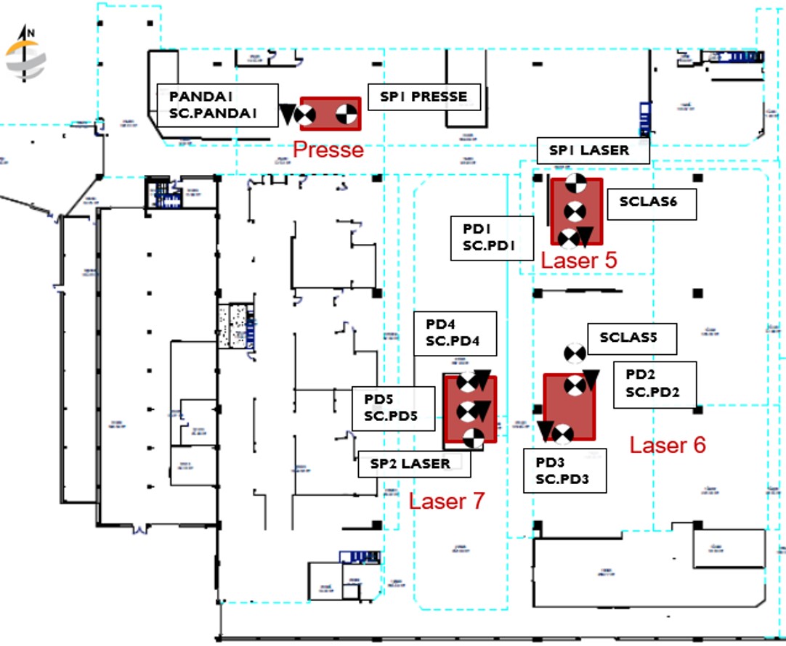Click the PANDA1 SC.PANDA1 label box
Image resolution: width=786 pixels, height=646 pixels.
[x=218, y=105]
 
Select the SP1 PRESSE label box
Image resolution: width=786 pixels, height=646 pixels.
[x=424, y=97]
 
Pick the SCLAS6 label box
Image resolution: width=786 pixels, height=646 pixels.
[x=648, y=203]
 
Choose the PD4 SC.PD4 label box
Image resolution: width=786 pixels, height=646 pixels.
[x=455, y=333]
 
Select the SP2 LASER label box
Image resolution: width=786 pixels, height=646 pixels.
[x=414, y=464]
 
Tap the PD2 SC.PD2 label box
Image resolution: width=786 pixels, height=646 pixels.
[x=655, y=384]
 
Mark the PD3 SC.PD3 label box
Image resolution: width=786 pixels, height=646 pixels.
[x=565, y=470]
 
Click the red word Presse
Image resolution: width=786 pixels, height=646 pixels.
[x=328, y=150]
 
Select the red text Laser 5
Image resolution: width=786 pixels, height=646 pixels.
[x=579, y=261]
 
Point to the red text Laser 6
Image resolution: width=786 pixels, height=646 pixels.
[x=667, y=445]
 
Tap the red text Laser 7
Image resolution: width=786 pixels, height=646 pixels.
[x=446, y=500]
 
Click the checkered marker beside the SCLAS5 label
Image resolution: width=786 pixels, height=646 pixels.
[x=575, y=353]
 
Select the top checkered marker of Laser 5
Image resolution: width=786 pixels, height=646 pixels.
[x=575, y=183]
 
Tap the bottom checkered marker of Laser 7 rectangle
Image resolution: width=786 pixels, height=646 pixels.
[x=472, y=438]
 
